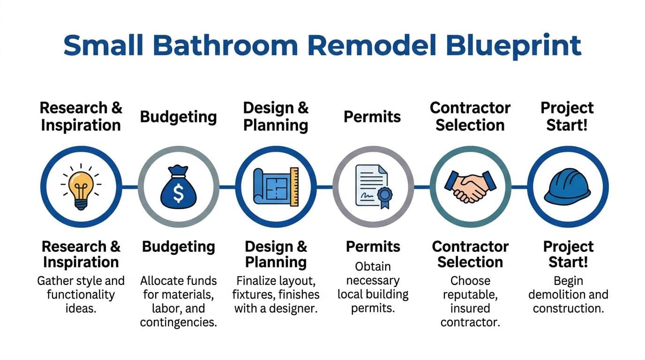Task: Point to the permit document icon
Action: tap(373, 186)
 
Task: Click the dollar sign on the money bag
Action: tap(178, 193)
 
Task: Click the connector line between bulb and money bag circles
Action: tap(129, 187)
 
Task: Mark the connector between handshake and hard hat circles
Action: tap(519, 187)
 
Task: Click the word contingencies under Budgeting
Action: tap(178, 322)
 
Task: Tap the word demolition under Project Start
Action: tap(554, 294)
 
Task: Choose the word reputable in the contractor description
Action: tap(470, 294)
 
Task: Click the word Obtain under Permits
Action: tap(373, 266)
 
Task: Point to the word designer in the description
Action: tap(294, 308)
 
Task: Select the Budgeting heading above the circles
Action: tap(178, 117)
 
